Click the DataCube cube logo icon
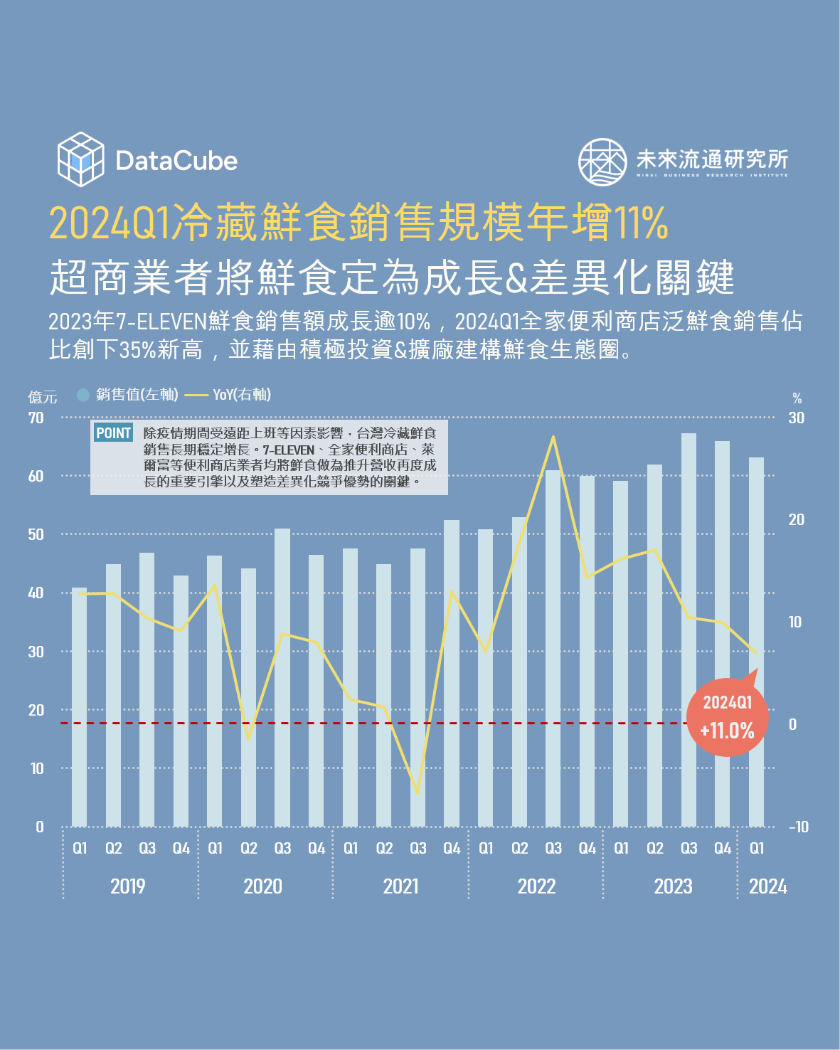[x=80, y=159]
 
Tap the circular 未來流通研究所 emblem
[x=602, y=161]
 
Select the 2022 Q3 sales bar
[x=553, y=647]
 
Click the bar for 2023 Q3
[x=689, y=630]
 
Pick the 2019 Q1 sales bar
[x=80, y=706]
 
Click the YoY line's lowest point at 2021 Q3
[x=418, y=792]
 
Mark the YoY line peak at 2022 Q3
[x=553, y=437]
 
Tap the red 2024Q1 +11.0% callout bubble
[x=727, y=717]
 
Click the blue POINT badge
[x=114, y=433]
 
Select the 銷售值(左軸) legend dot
[x=83, y=395]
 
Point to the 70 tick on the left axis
[x=36, y=418]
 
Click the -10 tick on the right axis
[x=799, y=827]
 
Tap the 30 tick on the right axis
[x=796, y=418]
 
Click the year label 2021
[x=401, y=886]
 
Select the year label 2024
[x=768, y=886]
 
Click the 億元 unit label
[x=42, y=397]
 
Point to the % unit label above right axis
[x=797, y=398]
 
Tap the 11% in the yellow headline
[x=640, y=223]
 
